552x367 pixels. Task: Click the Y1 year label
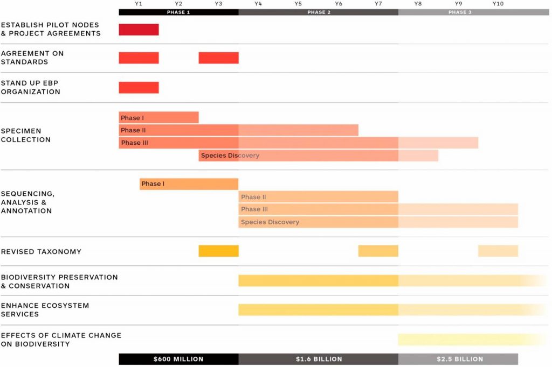pyautogui.click(x=139, y=4)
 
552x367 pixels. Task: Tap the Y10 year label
pyautogui.click(x=498, y=4)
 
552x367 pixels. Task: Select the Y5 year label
pyautogui.click(x=298, y=4)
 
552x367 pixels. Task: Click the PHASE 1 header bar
pyautogui.click(x=178, y=12)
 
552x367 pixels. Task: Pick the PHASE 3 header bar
pyautogui.click(x=460, y=12)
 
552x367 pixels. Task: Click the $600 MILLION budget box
pyautogui.click(x=178, y=359)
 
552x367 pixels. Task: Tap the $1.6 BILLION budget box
pyautogui.click(x=318, y=359)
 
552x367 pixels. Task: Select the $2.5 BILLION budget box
pyautogui.click(x=458, y=359)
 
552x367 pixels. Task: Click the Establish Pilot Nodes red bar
pyautogui.click(x=139, y=30)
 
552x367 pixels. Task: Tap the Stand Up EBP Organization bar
pyautogui.click(x=139, y=87)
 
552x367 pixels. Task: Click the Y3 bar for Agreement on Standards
pyautogui.click(x=218, y=58)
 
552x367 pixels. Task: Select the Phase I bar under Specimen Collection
pyautogui.click(x=158, y=117)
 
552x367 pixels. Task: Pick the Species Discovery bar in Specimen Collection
pyautogui.click(x=318, y=156)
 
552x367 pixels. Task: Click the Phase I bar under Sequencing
pyautogui.click(x=189, y=184)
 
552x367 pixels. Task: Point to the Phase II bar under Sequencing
pyautogui.click(x=318, y=197)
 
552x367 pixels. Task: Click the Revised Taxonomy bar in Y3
pyautogui.click(x=218, y=251)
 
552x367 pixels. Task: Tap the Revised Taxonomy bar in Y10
pyautogui.click(x=498, y=251)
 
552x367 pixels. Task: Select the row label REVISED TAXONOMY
pyautogui.click(x=41, y=251)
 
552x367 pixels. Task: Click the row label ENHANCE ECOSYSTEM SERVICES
pyautogui.click(x=45, y=309)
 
